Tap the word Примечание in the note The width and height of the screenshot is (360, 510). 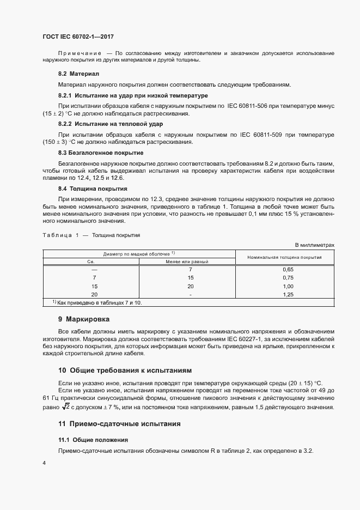pyautogui.click(x=80, y=53)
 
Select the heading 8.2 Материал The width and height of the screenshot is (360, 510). pyautogui.click(x=78, y=73)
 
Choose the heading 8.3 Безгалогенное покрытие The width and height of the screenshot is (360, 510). pyautogui.click(x=101, y=153)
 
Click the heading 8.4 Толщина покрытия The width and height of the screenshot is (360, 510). pyautogui.click(x=89, y=188)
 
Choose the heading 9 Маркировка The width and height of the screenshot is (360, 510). pyautogui.click(x=84, y=318)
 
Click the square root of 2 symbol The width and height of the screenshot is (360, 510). pyautogui.click(x=65, y=406)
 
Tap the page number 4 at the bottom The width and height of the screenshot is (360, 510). pyautogui.click(x=44, y=463)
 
